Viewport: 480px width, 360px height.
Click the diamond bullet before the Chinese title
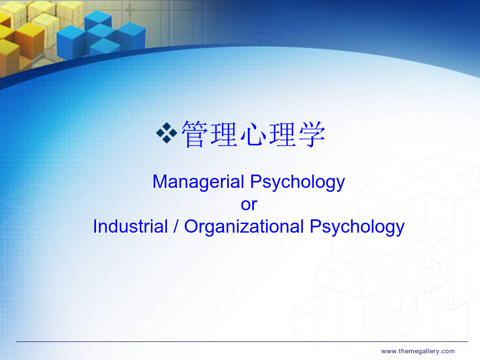tap(166, 133)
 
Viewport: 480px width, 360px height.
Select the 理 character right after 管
tap(223, 134)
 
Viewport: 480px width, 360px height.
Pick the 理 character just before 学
tap(282, 134)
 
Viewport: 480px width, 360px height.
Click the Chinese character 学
tap(311, 134)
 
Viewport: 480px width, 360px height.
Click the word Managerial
tap(198, 182)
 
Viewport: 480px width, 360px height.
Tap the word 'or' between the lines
tap(249, 205)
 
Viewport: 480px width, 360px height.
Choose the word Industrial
tap(131, 227)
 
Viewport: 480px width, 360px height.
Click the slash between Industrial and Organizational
tap(175, 227)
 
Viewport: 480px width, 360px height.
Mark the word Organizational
tap(244, 227)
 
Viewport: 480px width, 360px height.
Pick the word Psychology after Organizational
tap(357, 227)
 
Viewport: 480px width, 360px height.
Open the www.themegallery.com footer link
tap(418, 351)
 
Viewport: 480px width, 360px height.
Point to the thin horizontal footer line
tap(242, 341)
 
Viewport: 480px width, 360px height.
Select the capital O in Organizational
tap(191, 227)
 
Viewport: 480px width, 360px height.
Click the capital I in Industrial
tap(95, 227)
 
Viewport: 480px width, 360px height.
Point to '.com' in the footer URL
tap(447, 351)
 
